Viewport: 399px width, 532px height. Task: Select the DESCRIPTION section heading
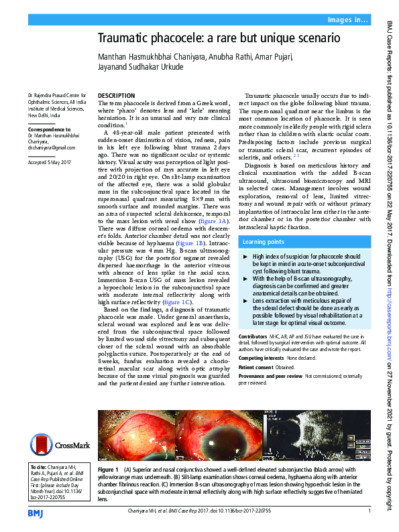(x=117, y=96)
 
